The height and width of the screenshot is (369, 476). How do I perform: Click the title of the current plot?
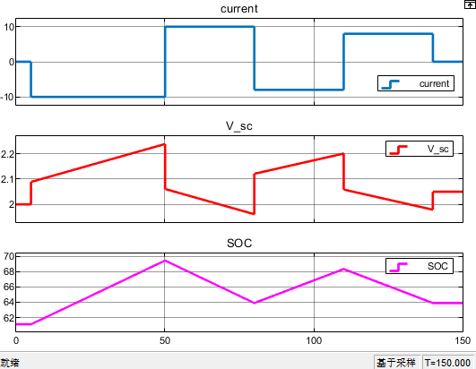click(x=239, y=9)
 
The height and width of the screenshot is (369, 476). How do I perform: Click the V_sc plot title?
click(x=239, y=125)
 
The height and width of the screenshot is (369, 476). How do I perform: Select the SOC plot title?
click(x=239, y=244)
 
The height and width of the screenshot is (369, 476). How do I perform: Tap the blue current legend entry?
click(x=416, y=83)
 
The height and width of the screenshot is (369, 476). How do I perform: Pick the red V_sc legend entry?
click(x=420, y=149)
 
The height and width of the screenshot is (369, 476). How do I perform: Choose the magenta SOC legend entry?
click(x=420, y=266)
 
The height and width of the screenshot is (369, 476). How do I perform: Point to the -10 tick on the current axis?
click(x=7, y=97)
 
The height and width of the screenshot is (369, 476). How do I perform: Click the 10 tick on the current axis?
click(x=9, y=27)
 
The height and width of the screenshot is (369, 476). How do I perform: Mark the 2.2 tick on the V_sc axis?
click(x=7, y=154)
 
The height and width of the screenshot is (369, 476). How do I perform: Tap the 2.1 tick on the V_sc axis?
click(x=7, y=179)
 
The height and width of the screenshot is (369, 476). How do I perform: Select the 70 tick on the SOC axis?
click(x=9, y=256)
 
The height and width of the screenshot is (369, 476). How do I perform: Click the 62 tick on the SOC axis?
click(x=9, y=318)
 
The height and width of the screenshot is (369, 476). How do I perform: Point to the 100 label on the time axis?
click(x=314, y=340)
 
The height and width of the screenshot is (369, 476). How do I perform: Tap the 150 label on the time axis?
click(x=463, y=340)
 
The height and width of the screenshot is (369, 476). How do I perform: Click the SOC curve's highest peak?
click(x=165, y=261)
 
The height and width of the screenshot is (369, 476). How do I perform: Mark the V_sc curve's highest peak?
click(x=165, y=144)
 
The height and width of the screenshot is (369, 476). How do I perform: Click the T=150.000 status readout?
click(x=447, y=363)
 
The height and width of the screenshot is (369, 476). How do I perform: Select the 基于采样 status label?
click(x=396, y=363)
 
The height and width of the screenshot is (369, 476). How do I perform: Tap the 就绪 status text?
click(x=10, y=363)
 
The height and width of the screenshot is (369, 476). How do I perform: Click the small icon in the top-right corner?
click(x=470, y=4)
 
